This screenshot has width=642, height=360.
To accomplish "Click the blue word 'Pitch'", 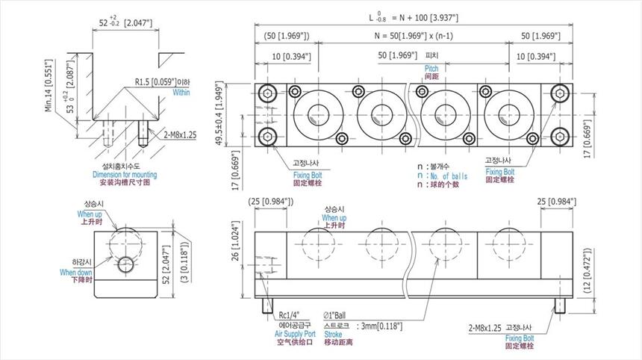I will [431, 68].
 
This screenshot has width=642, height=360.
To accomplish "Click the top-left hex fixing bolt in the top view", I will [267, 93].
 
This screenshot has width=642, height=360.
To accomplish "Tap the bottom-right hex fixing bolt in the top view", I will [561, 135].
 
